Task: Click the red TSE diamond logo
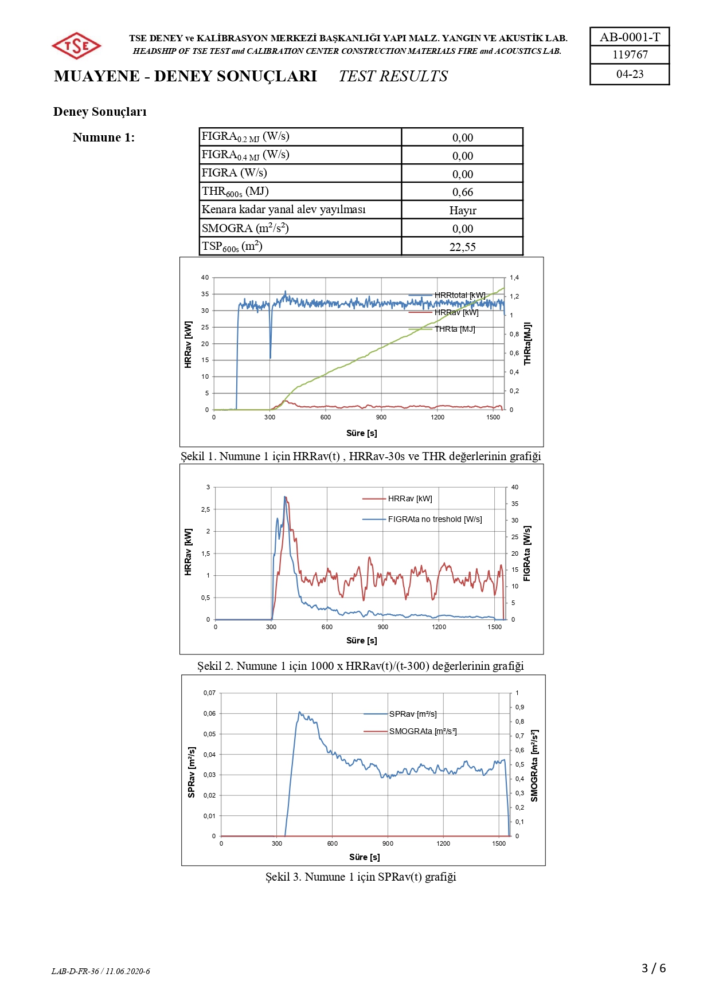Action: pyautogui.click(x=76, y=46)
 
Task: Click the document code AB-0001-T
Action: pyautogui.click(x=630, y=37)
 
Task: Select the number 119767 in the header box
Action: pyautogui.click(x=630, y=55)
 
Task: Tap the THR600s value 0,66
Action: pyautogui.click(x=463, y=192)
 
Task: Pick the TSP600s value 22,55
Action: pyautogui.click(x=463, y=247)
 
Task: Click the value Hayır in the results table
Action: pyautogui.click(x=463, y=210)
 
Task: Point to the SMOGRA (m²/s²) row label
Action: pyautogui.click(x=245, y=228)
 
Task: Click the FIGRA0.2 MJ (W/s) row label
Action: pyautogui.click(x=245, y=136)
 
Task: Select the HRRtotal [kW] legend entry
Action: pyautogui.click(x=459, y=295)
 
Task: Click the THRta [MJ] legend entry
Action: pyautogui.click(x=454, y=329)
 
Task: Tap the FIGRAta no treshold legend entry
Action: pyautogui.click(x=435, y=519)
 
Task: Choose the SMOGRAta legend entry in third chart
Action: pyautogui.click(x=423, y=731)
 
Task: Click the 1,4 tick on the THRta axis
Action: pyautogui.click(x=514, y=278)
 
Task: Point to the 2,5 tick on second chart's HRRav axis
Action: pyautogui.click(x=205, y=509)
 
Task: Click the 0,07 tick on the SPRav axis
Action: pyautogui.click(x=209, y=693)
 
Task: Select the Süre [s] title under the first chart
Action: pyautogui.click(x=361, y=433)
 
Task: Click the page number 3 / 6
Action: pyautogui.click(x=654, y=968)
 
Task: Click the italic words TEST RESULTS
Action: pyautogui.click(x=393, y=76)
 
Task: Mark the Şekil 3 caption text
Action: pyautogui.click(x=361, y=877)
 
